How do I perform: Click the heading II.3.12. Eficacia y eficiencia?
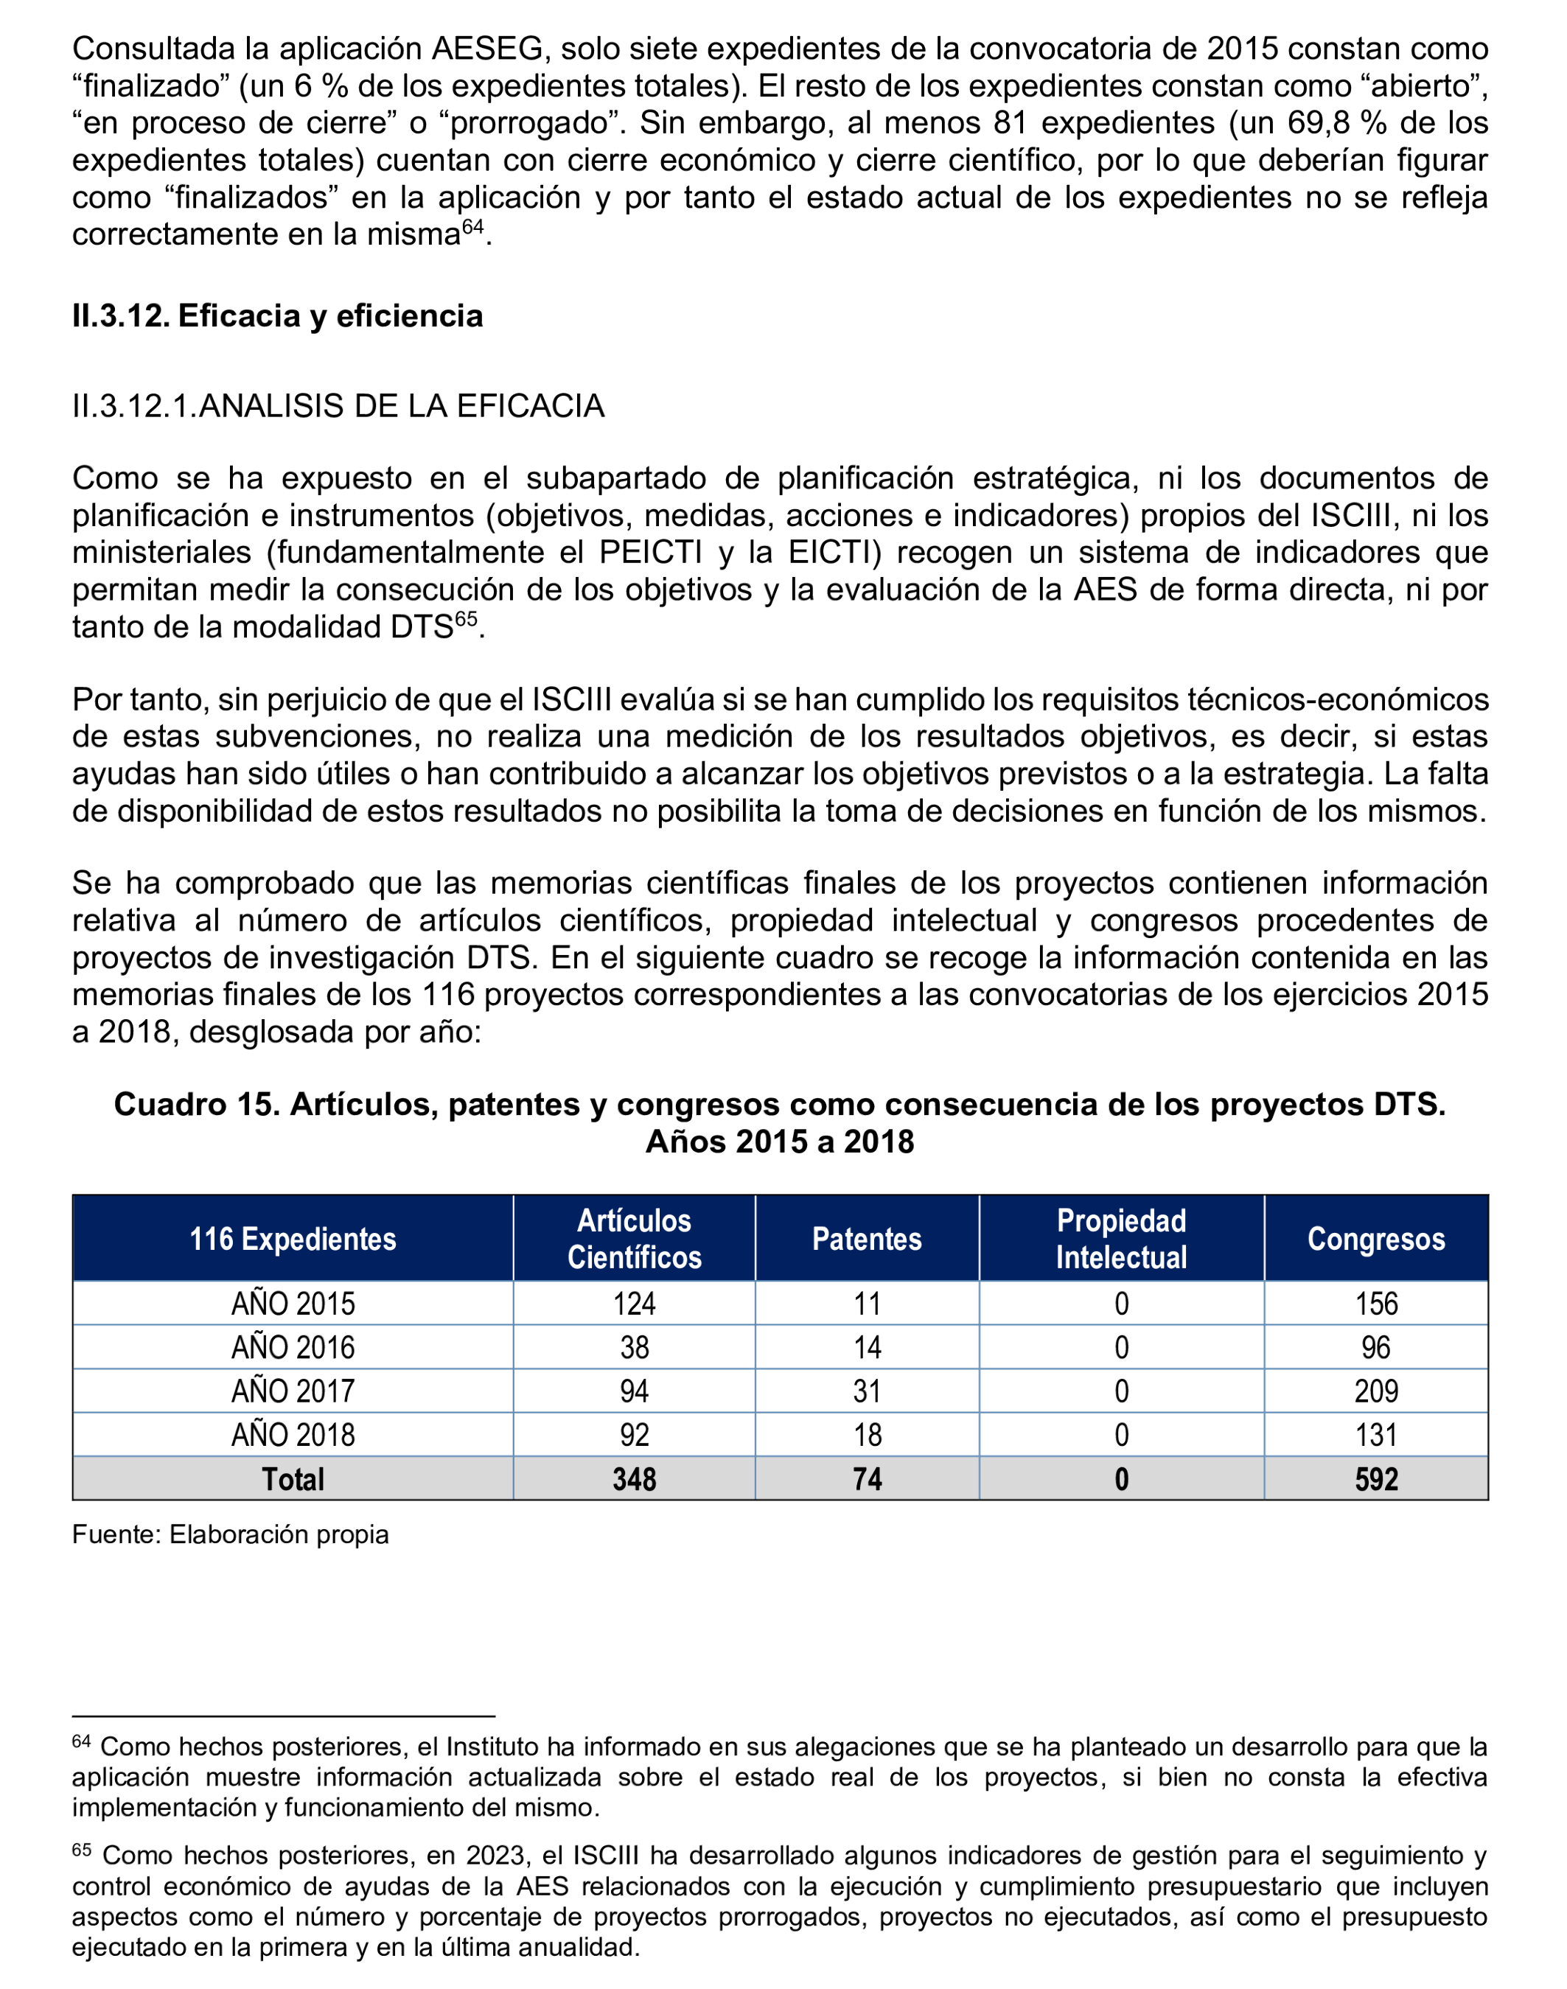pos(277,315)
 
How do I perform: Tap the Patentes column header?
pos(866,1239)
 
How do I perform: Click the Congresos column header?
pos(1375,1239)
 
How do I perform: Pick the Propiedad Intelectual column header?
pos(1120,1239)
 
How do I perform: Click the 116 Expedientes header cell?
pos(293,1239)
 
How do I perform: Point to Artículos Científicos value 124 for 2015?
pos(634,1304)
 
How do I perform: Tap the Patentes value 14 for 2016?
pos(866,1347)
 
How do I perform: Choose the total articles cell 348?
pos(634,1479)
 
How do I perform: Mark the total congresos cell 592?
pos(1375,1479)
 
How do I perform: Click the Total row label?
pos(293,1479)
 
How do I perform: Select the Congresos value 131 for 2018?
pos(1375,1435)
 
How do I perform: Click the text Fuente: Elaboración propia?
pos(230,1534)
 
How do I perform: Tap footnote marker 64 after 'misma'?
pos(472,226)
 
